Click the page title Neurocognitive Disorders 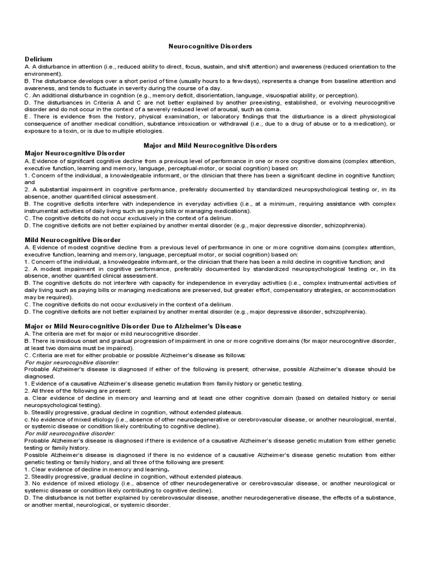pyautogui.click(x=210, y=47)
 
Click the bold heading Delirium pyautogui.click(x=38, y=59)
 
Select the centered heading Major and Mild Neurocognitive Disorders pyautogui.click(x=210, y=145)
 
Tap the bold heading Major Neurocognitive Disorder pyautogui.click(x=75, y=153)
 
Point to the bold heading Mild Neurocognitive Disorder pyautogui.click(x=73, y=240)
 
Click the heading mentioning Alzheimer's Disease pyautogui.click(x=133, y=326)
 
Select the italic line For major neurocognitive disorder pyautogui.click(x=72, y=362)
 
